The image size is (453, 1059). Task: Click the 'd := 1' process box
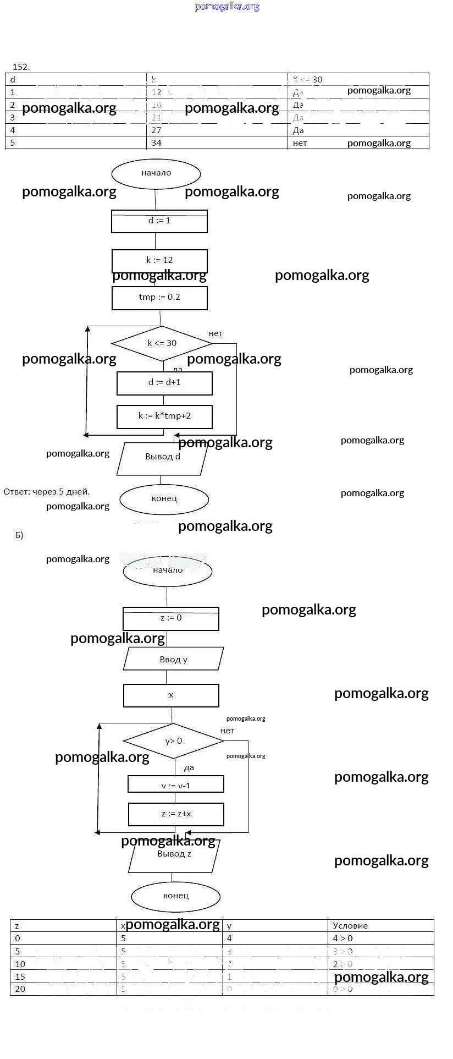(x=159, y=221)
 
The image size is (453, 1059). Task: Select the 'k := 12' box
(x=159, y=261)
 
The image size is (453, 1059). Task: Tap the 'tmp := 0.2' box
(x=159, y=298)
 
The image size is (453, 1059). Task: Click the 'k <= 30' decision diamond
(x=162, y=343)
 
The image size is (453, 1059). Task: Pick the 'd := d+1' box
(x=164, y=383)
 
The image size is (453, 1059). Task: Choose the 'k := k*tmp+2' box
(x=164, y=416)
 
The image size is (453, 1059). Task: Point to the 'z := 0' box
(x=171, y=618)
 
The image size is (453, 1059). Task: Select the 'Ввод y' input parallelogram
(x=173, y=659)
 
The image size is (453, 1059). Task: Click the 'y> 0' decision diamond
(x=173, y=741)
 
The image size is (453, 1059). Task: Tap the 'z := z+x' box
(x=176, y=814)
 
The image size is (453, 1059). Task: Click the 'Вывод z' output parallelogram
(x=174, y=855)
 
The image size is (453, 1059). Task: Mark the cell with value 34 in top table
(x=157, y=143)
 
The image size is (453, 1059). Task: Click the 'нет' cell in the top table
(x=300, y=143)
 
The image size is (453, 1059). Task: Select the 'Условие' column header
(x=350, y=925)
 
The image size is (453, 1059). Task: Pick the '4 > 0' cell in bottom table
(x=342, y=939)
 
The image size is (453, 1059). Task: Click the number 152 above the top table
(x=21, y=67)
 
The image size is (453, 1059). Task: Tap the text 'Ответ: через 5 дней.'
(x=47, y=492)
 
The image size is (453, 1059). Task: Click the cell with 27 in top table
(x=157, y=130)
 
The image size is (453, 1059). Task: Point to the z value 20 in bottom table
(x=20, y=989)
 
